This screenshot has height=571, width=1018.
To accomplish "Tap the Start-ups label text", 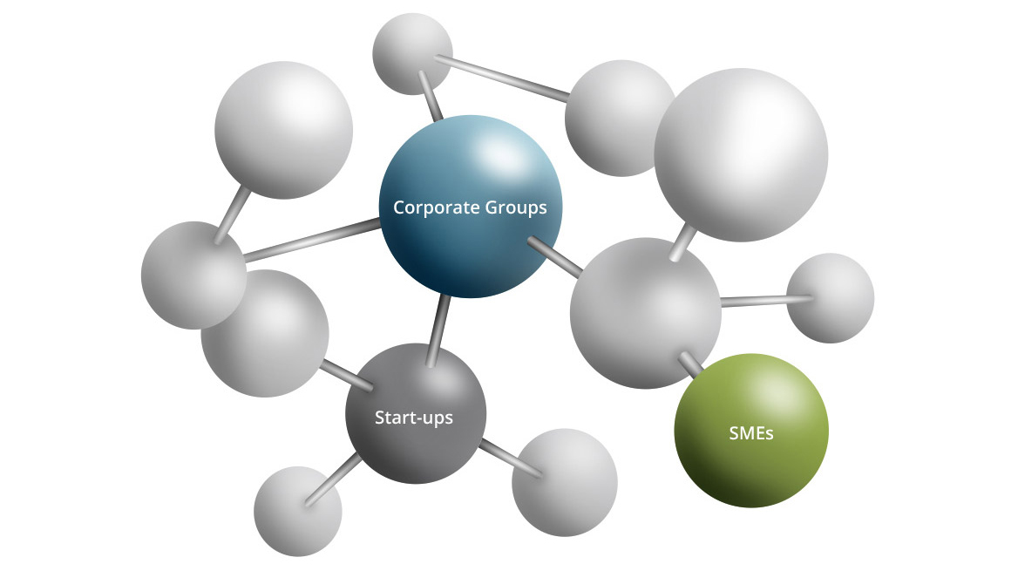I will tap(413, 418).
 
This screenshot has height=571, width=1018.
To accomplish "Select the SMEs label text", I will tap(750, 432).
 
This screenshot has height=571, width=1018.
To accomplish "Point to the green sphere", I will tap(750, 453).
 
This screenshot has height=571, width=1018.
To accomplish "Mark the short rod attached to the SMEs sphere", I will tap(693, 361).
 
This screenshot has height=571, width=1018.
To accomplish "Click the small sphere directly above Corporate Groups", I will tap(412, 52).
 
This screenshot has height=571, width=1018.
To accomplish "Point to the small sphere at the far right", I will tap(830, 297).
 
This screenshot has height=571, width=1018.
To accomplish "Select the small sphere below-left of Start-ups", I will tap(297, 510).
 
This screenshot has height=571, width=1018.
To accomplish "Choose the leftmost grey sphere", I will tap(193, 275).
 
